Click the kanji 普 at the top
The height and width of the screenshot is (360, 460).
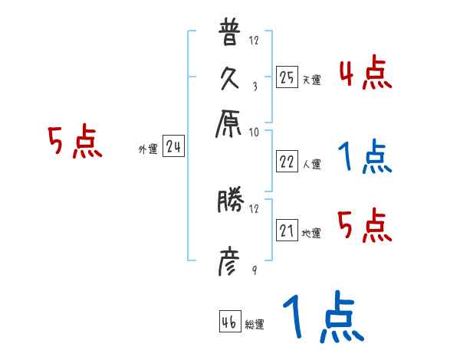pyautogui.click(x=230, y=35)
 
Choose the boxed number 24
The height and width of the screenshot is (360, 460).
pyautogui.click(x=173, y=148)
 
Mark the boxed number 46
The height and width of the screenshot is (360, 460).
pyautogui.click(x=229, y=321)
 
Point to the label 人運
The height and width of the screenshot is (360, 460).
pyautogui.click(x=312, y=164)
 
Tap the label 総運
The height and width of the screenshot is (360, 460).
pyautogui.click(x=255, y=324)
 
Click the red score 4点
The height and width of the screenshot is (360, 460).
pyautogui.click(x=365, y=74)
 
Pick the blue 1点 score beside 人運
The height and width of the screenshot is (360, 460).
pyautogui.click(x=363, y=158)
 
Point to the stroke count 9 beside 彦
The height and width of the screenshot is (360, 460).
pyautogui.click(x=255, y=271)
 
